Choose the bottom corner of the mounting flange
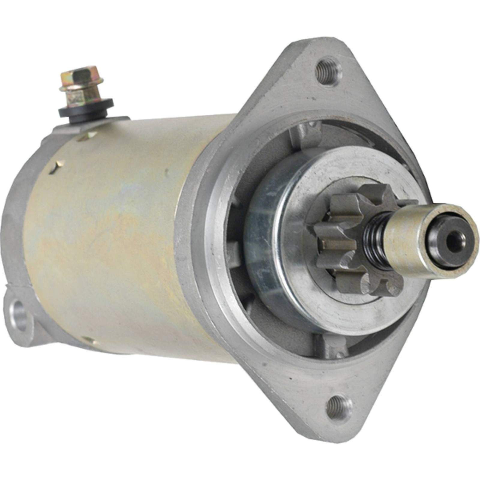[339, 432]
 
